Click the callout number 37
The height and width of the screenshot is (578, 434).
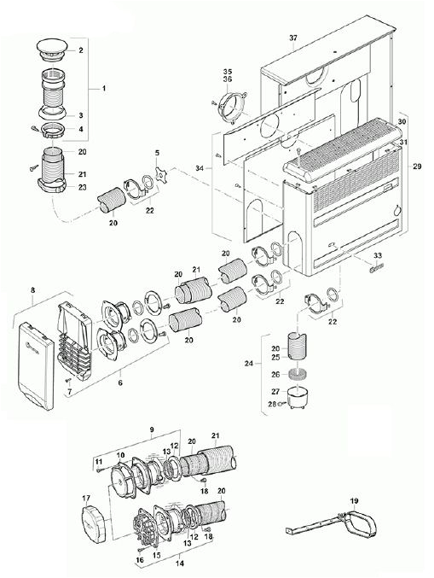pos(294,39)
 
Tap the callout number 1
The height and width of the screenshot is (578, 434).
pos(103,89)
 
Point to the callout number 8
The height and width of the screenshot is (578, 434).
pos(32,290)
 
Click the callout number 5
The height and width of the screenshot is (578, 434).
pos(157,151)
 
